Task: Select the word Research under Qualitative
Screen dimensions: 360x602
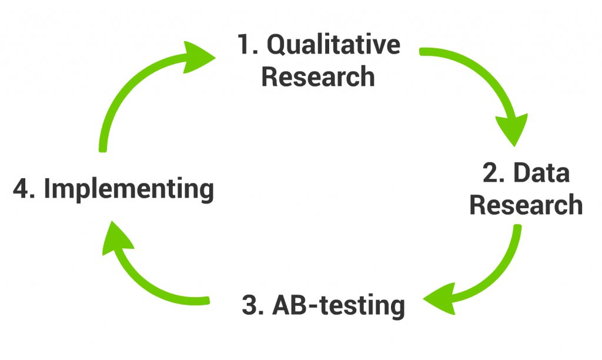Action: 318,76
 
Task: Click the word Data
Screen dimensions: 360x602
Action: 541,174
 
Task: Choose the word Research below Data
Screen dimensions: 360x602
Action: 526,205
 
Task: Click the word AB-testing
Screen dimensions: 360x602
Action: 340,306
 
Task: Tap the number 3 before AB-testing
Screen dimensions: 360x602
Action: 251,306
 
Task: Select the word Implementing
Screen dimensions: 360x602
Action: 129,189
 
